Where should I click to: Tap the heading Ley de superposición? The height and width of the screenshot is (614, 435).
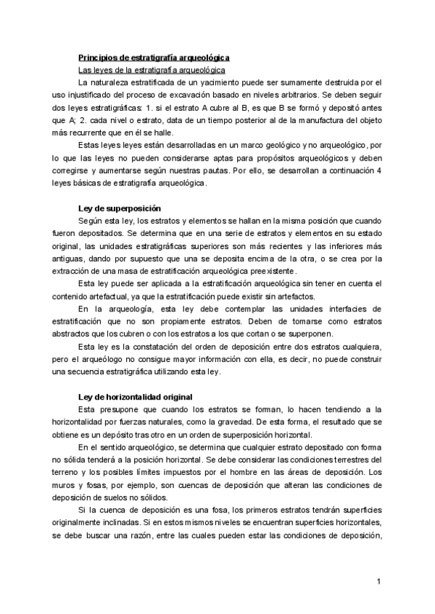tap(120, 208)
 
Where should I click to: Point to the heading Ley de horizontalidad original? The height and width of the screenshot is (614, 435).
tap(136, 397)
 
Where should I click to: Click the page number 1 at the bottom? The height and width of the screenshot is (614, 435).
tap(378, 581)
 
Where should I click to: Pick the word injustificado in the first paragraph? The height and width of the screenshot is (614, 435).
tap(113, 96)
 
